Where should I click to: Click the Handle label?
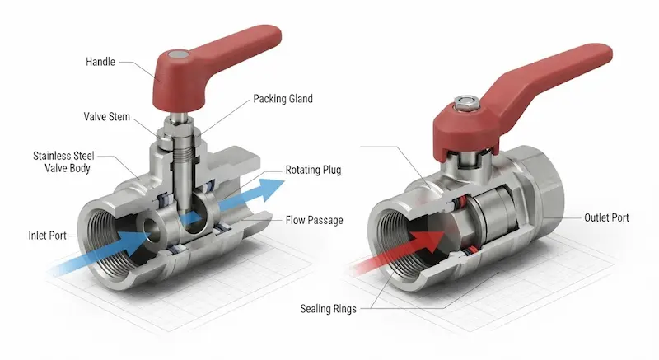100,62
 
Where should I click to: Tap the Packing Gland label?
283,99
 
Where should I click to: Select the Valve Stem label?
107,116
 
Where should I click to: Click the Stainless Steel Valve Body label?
64,161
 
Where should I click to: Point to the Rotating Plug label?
313,170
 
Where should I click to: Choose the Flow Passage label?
315,220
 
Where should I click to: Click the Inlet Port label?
48,236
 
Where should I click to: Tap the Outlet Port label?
606,217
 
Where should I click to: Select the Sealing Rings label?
328,309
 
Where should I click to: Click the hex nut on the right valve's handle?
465,103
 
